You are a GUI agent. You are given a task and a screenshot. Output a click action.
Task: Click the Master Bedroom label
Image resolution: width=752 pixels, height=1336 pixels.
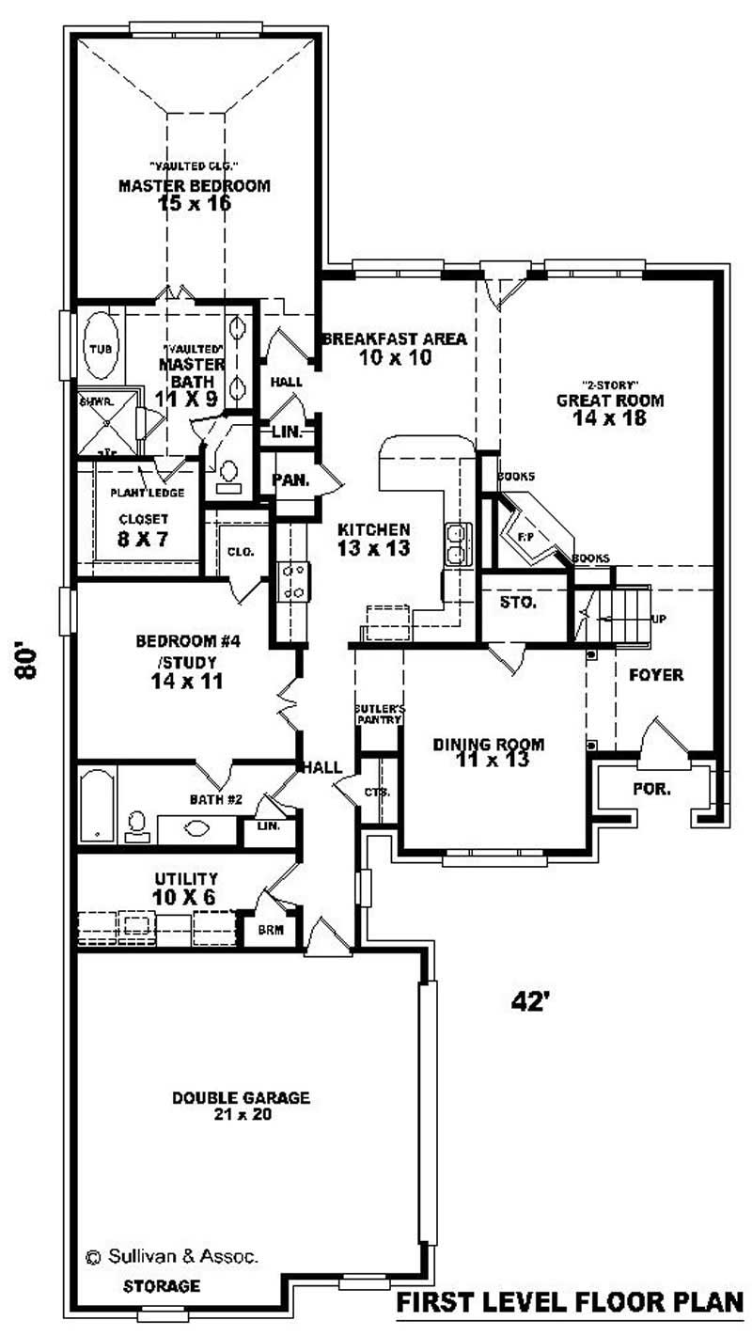click(x=194, y=185)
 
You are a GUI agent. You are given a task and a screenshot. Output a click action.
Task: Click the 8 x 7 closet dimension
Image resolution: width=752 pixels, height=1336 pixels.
click(x=143, y=538)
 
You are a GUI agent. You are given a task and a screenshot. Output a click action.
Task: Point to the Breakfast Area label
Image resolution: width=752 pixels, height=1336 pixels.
click(x=394, y=339)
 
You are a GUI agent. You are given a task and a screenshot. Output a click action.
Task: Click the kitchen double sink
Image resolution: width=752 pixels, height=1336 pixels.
click(x=458, y=544)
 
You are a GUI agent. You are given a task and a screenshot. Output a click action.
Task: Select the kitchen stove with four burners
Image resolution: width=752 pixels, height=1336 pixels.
click(x=292, y=580)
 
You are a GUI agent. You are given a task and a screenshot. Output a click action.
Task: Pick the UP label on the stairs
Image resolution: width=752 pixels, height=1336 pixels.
click(x=661, y=620)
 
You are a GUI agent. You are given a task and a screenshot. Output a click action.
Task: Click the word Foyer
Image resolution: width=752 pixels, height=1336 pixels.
click(x=655, y=675)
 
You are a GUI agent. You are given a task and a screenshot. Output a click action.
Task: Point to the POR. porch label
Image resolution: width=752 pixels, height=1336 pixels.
click(x=651, y=789)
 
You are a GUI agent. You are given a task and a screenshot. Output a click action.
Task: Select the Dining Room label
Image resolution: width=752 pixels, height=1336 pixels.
click(x=488, y=745)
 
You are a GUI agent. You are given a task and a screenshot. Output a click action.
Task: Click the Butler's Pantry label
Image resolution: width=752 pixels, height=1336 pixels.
click(x=378, y=714)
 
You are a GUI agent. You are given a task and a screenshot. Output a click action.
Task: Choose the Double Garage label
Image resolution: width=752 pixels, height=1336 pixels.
click(x=241, y=1097)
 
